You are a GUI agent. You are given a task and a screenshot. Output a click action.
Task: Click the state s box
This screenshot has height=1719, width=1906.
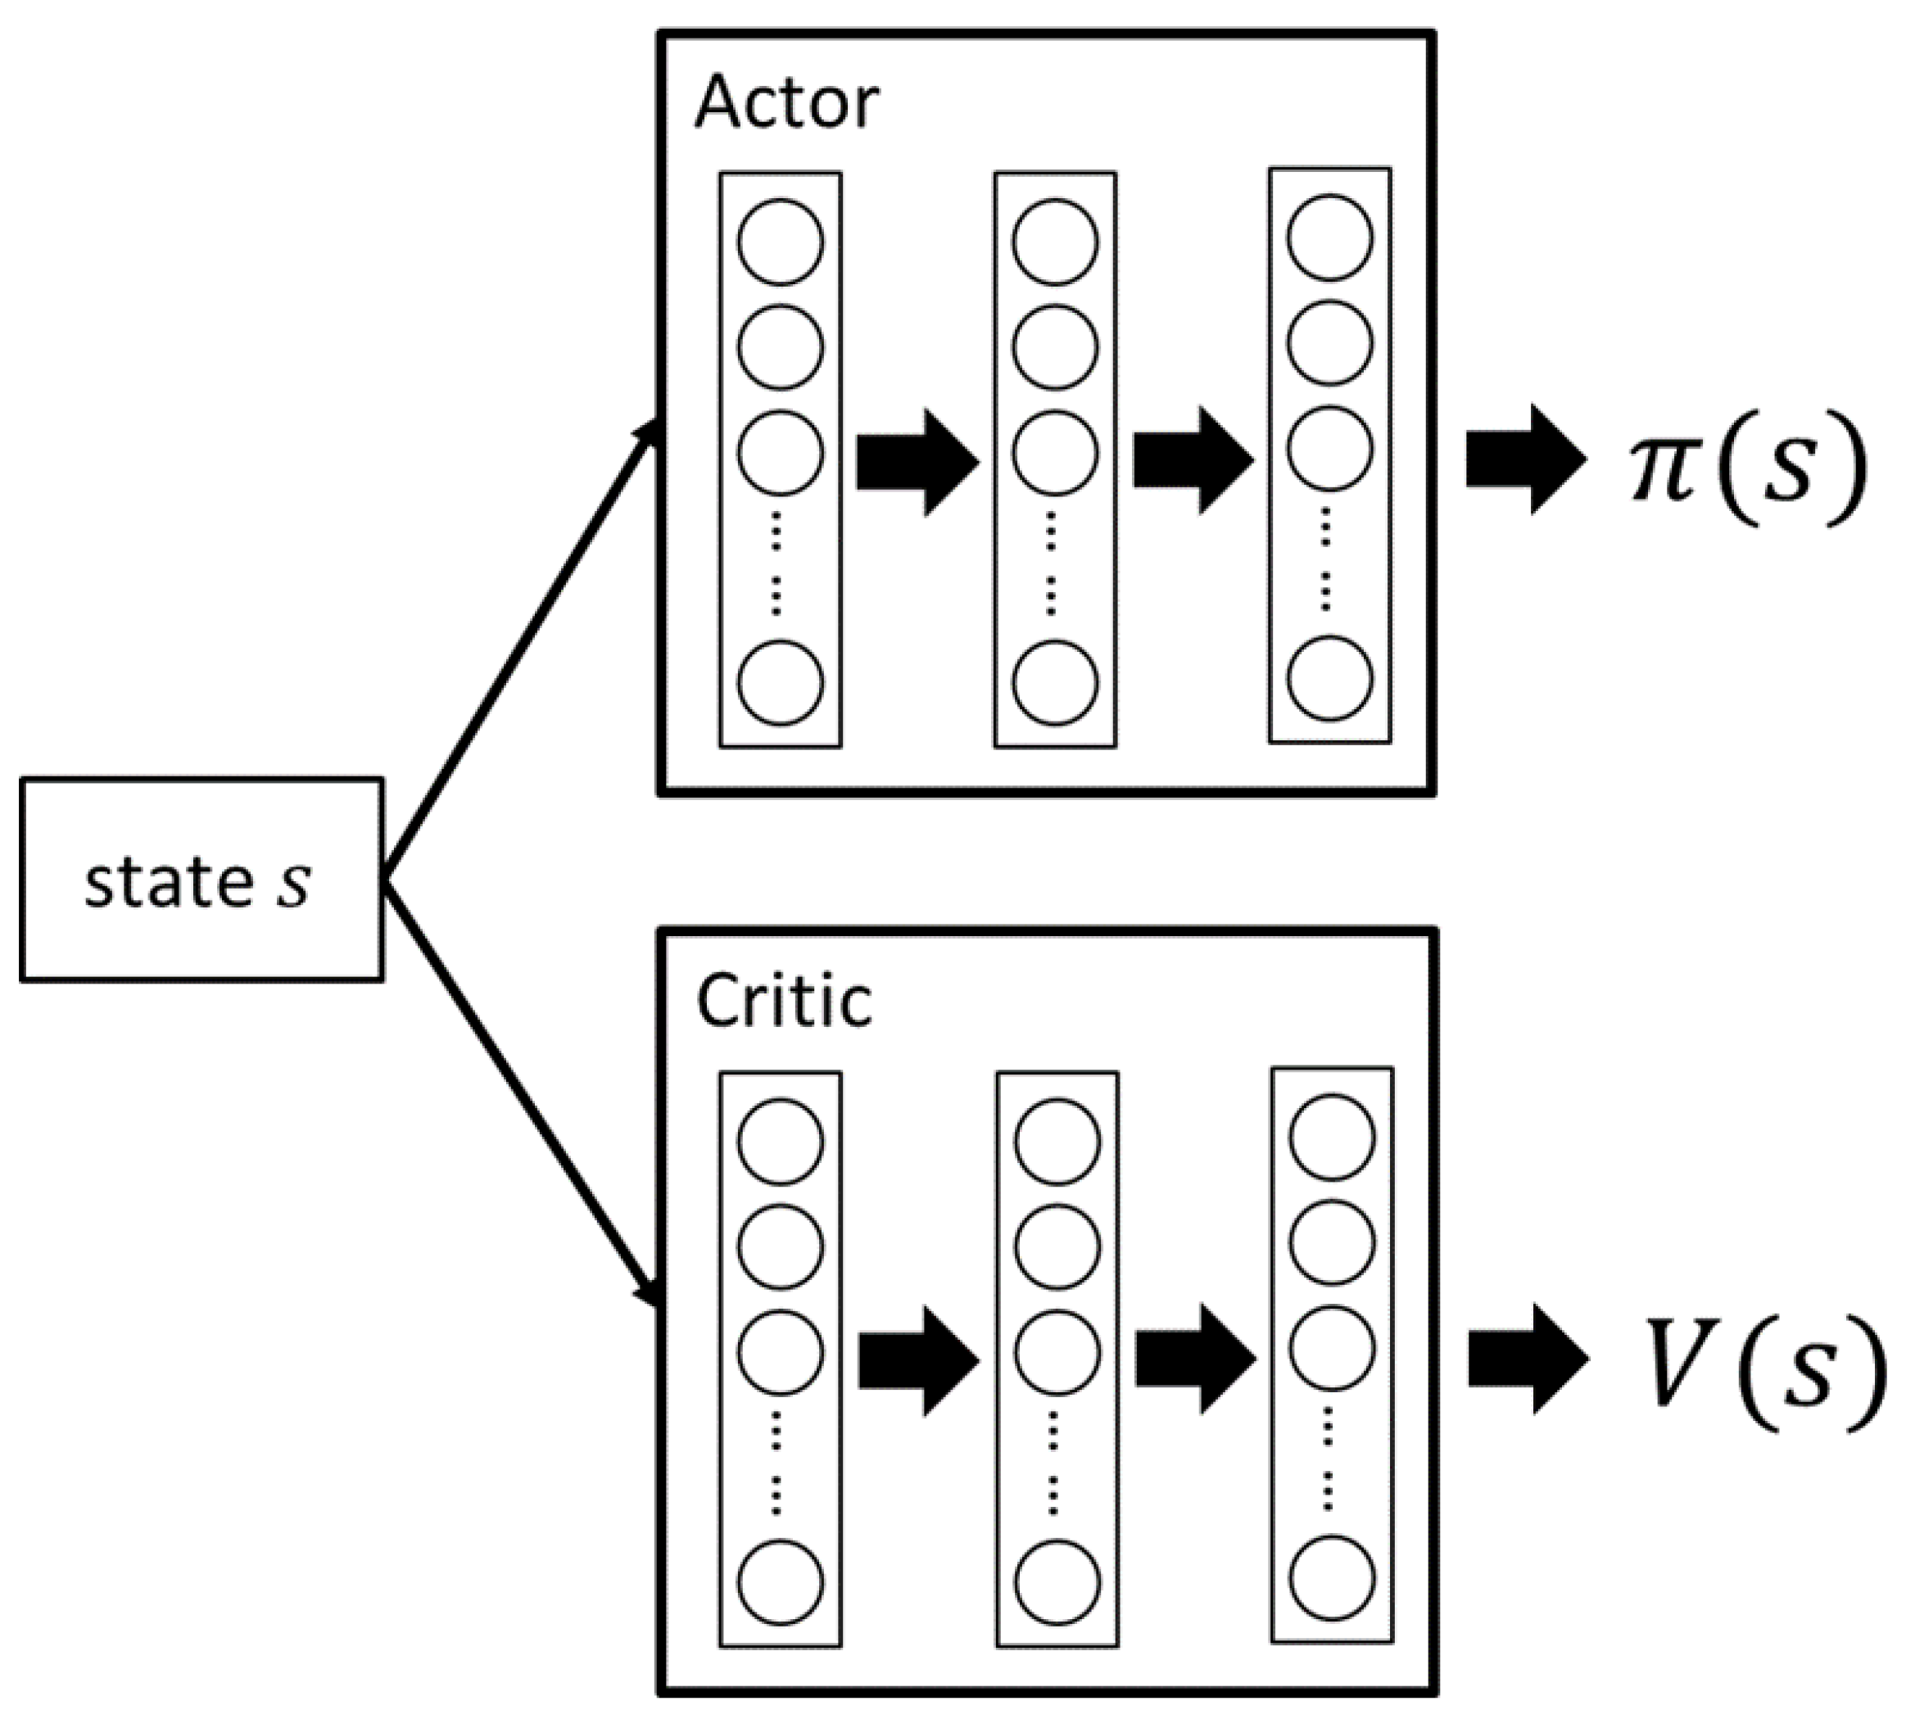point(201,880)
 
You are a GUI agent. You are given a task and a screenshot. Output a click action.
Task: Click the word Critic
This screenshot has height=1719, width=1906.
point(784,1001)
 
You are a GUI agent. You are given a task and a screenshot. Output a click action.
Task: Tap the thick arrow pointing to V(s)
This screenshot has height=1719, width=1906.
point(1526,1360)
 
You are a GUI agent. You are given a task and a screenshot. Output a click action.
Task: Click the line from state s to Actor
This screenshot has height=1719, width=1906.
point(519,652)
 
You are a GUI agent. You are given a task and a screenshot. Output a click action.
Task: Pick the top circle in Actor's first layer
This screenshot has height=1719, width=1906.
point(780,242)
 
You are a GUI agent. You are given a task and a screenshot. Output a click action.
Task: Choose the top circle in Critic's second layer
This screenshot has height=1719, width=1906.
point(1057,1141)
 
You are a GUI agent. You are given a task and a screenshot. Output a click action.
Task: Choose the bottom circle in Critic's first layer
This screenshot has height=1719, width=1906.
point(780,1582)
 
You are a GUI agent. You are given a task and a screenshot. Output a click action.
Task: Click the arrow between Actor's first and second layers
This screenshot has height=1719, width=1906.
point(917,463)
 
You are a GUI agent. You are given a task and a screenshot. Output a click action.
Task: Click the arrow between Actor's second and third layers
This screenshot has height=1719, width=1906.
point(1192,460)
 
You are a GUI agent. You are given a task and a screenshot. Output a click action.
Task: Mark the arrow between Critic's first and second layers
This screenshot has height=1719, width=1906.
point(917,1361)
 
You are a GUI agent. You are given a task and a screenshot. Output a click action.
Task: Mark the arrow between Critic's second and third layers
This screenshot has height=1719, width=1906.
point(1194,1359)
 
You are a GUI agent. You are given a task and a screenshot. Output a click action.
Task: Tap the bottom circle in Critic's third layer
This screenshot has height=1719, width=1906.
point(1332,1578)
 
